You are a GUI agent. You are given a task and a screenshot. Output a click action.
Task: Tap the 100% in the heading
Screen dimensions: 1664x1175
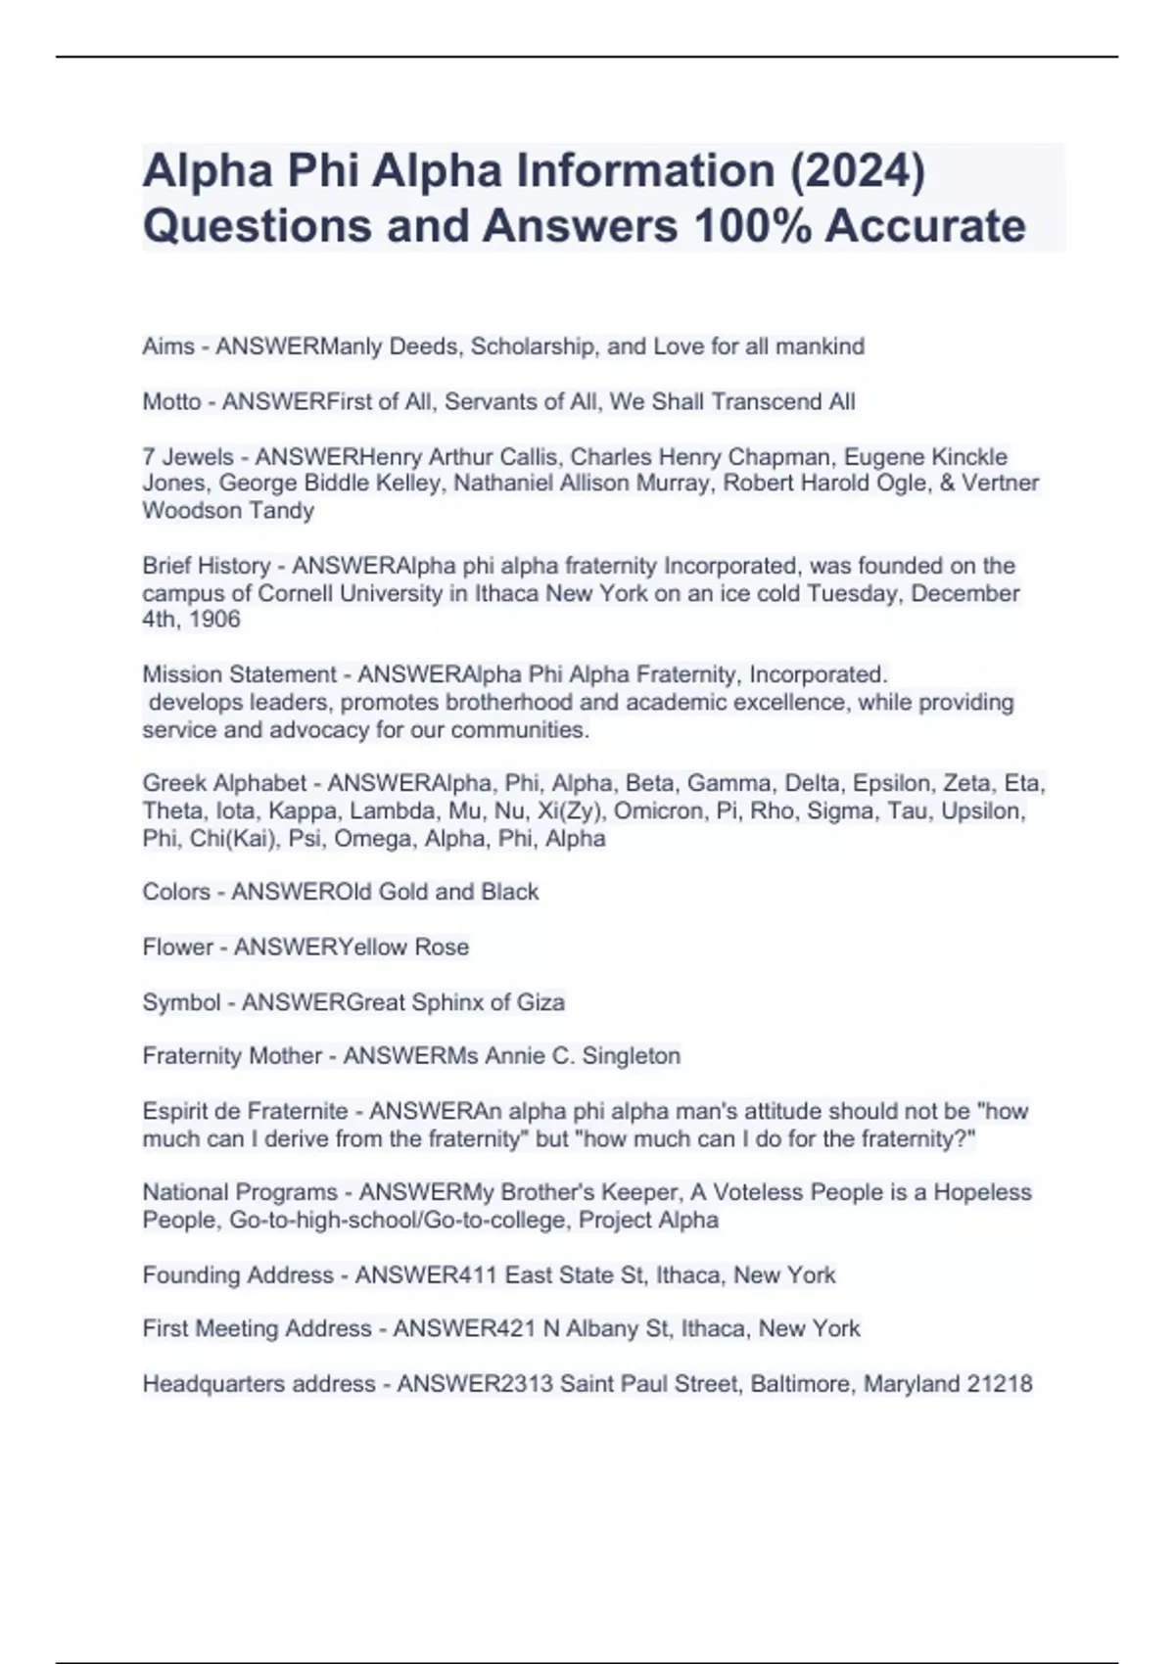pos(751,226)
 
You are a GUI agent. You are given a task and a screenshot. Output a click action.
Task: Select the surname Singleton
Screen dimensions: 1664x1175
pos(632,1056)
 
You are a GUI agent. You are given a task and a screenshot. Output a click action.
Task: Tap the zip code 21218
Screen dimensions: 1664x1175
pos(999,1384)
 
